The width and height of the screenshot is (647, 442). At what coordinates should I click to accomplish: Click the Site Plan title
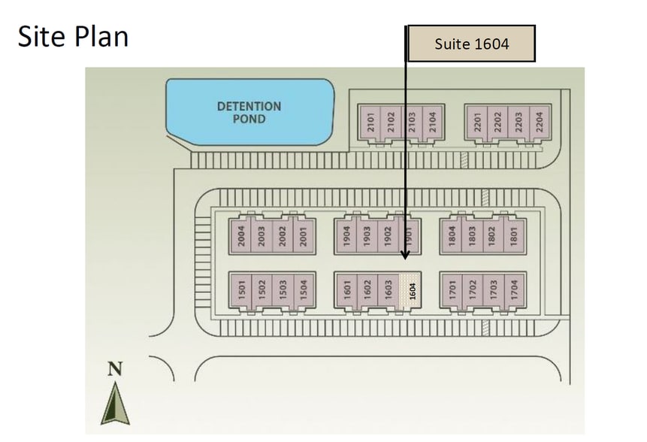[x=73, y=36]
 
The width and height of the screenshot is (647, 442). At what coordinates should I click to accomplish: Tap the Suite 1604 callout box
[x=471, y=44]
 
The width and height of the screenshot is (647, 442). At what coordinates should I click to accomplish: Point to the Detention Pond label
[x=249, y=112]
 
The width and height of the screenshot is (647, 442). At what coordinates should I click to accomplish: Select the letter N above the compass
[x=115, y=369]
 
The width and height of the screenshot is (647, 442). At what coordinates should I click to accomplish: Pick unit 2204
[x=537, y=123]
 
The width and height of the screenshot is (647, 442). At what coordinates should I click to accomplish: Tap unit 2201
[x=476, y=123]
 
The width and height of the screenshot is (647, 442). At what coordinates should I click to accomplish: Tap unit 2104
[x=432, y=123]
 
